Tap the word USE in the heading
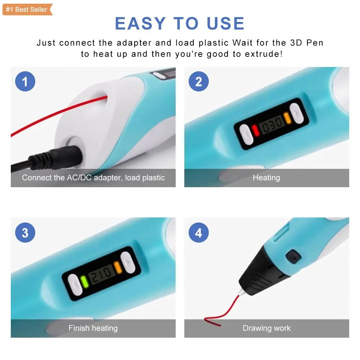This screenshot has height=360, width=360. click(225, 24)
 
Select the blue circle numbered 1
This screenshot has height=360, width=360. click(25, 81)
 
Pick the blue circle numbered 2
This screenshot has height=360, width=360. click(199, 81)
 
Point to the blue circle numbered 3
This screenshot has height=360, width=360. click(25, 233)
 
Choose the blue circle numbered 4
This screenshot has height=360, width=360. click(199, 233)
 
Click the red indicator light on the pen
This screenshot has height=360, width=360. click(255, 130)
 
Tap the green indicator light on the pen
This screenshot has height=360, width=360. click(85, 281)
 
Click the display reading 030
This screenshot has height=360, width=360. click(272, 124)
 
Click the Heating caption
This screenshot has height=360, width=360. click(266, 177)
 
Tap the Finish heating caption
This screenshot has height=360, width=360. click(93, 328)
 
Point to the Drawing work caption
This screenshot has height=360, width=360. click(266, 328)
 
